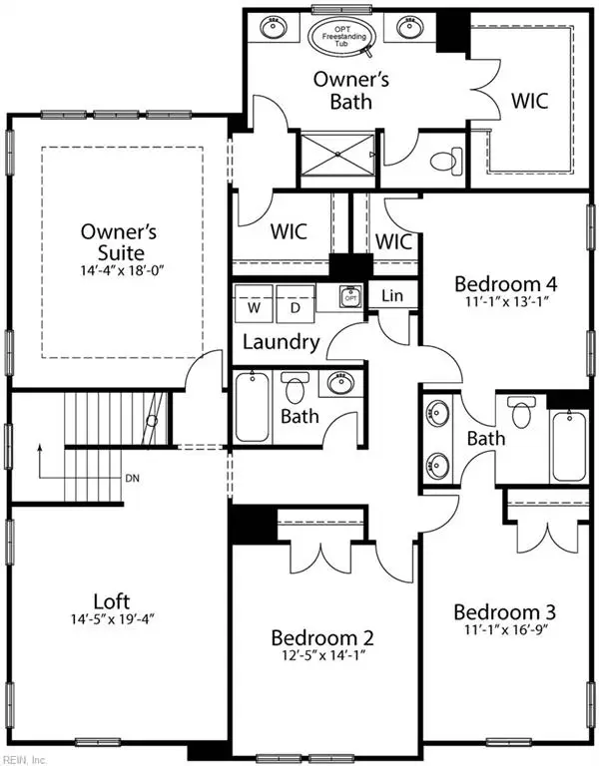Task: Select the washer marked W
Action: (x=254, y=306)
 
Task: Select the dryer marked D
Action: (x=295, y=306)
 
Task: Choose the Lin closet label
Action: (x=391, y=296)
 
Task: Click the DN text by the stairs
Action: (x=132, y=478)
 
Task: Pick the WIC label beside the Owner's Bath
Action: (x=528, y=101)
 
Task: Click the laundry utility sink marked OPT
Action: (x=349, y=297)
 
